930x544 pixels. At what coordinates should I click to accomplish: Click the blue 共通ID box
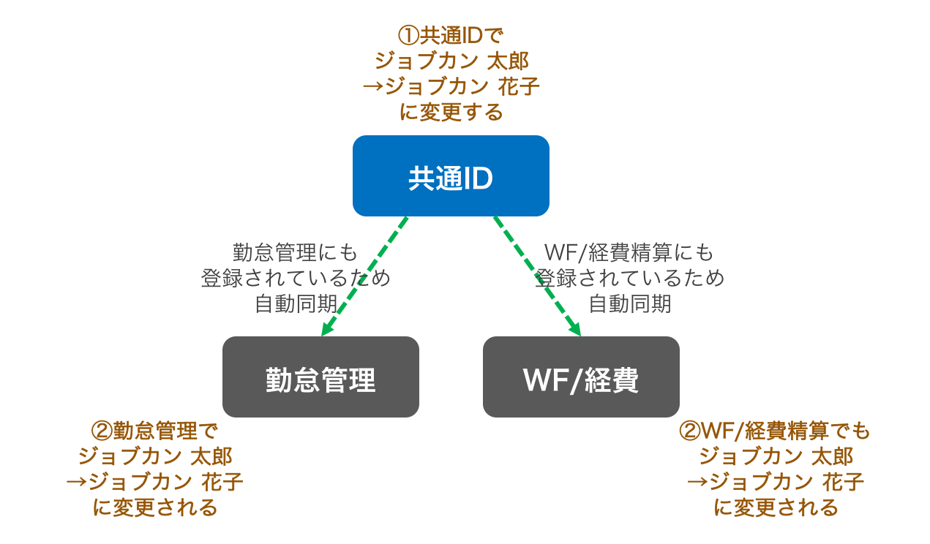tap(451, 176)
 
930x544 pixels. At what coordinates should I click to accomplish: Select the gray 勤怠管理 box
tap(320, 377)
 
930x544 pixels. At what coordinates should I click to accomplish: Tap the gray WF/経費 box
tap(581, 377)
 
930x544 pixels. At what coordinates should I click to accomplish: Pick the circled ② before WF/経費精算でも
tap(690, 431)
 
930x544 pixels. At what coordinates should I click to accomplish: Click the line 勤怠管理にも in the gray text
tap(296, 253)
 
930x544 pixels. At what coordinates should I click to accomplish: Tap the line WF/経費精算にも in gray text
tap(629, 253)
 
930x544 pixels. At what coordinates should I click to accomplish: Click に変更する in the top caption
tap(451, 112)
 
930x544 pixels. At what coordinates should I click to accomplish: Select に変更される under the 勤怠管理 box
tap(155, 507)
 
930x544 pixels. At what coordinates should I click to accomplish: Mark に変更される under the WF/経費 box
tap(776, 507)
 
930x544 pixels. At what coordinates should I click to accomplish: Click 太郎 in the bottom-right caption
tap(833, 456)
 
